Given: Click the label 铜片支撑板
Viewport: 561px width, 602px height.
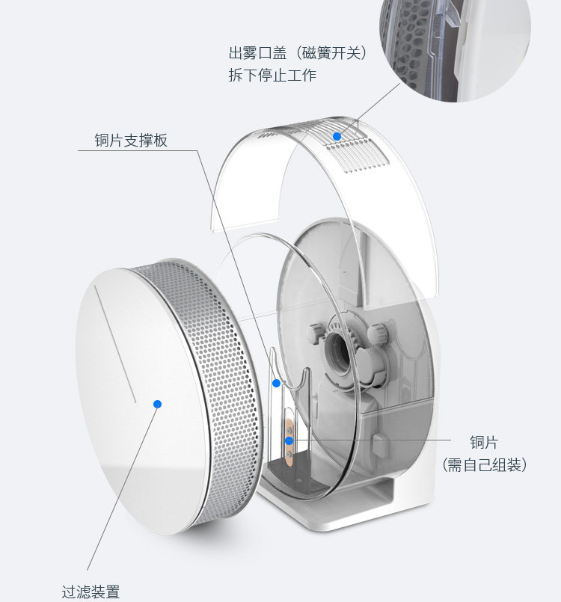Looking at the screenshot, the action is (x=131, y=140).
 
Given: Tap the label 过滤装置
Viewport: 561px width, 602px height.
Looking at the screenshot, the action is (x=91, y=591).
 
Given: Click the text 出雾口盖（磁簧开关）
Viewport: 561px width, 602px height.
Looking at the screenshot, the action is (x=298, y=54).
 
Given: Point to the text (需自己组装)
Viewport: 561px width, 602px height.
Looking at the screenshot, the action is (x=484, y=464).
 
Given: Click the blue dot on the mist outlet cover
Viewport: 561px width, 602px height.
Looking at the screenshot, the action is (x=337, y=136).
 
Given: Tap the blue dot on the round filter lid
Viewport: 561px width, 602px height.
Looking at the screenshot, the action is (x=157, y=404).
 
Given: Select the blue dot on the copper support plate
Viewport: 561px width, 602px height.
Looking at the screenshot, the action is (x=276, y=384).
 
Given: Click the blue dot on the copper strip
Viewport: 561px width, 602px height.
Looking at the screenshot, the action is (x=289, y=440).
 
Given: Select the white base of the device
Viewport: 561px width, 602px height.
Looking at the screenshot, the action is (x=359, y=509).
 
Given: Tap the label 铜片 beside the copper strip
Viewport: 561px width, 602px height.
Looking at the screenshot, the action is (x=484, y=443).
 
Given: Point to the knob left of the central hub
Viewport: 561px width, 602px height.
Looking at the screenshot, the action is (x=314, y=330).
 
